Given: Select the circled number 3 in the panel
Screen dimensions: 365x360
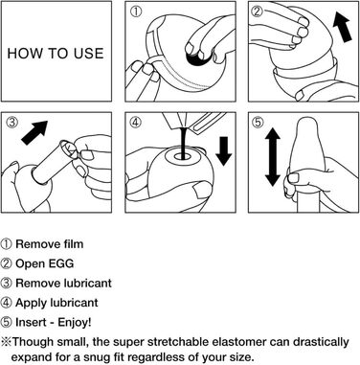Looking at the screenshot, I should click(x=12, y=122).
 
